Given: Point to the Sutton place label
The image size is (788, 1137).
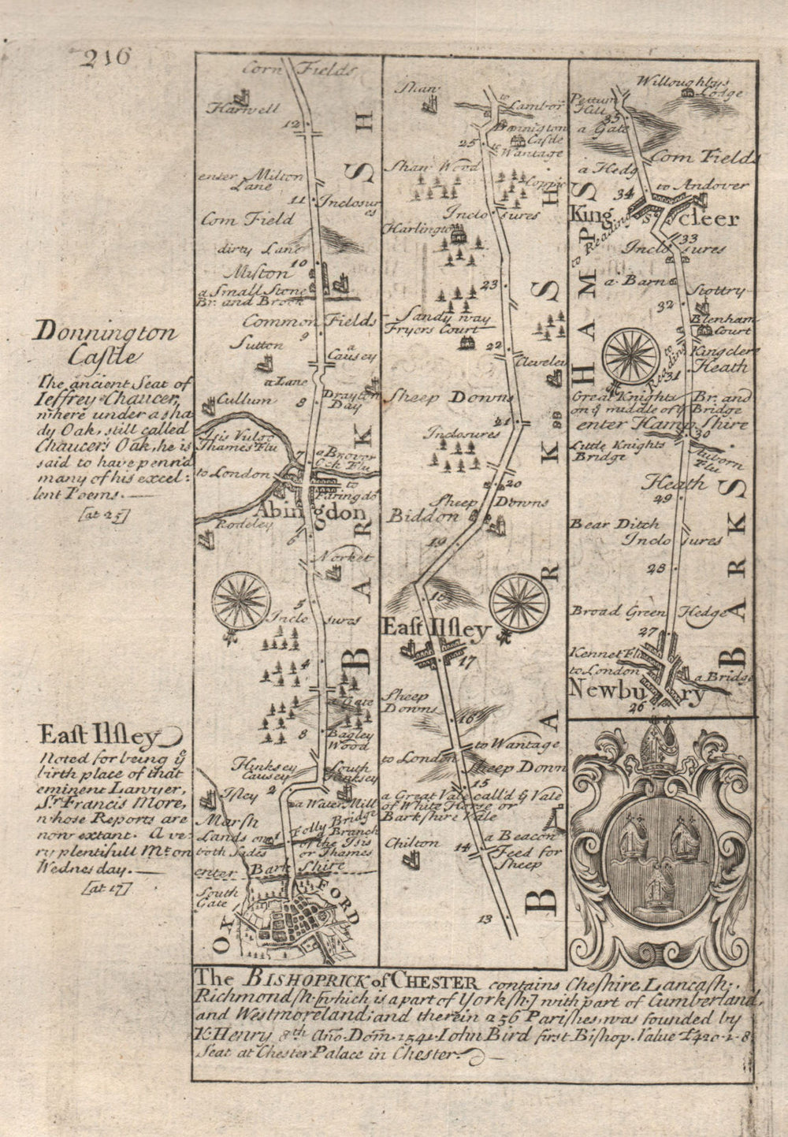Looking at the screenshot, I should [249, 344].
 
